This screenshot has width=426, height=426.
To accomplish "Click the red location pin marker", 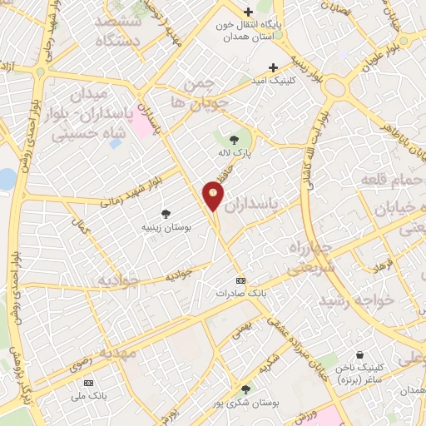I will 214,195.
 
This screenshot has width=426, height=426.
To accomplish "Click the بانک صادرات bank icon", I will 241,280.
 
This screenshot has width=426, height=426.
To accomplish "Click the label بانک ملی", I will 87,396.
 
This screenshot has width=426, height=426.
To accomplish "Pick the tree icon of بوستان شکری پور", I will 245,389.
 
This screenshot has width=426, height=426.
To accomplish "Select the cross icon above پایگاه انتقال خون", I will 248,12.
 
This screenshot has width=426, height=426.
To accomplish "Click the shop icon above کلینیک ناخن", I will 359,354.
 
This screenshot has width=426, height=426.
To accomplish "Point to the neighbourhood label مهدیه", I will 117,353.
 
